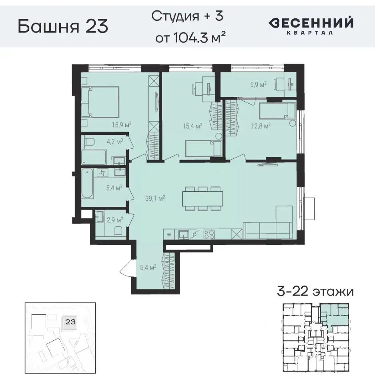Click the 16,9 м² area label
tap(122, 124)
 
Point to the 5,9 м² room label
tap(258, 84)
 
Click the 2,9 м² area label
tap(115, 220)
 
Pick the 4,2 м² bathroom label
tap(114, 141)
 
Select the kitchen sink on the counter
tap(184, 234)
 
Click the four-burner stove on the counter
tap(209, 234)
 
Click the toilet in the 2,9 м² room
tap(117, 231)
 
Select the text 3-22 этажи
tap(315, 291)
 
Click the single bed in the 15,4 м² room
tap(203, 148)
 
